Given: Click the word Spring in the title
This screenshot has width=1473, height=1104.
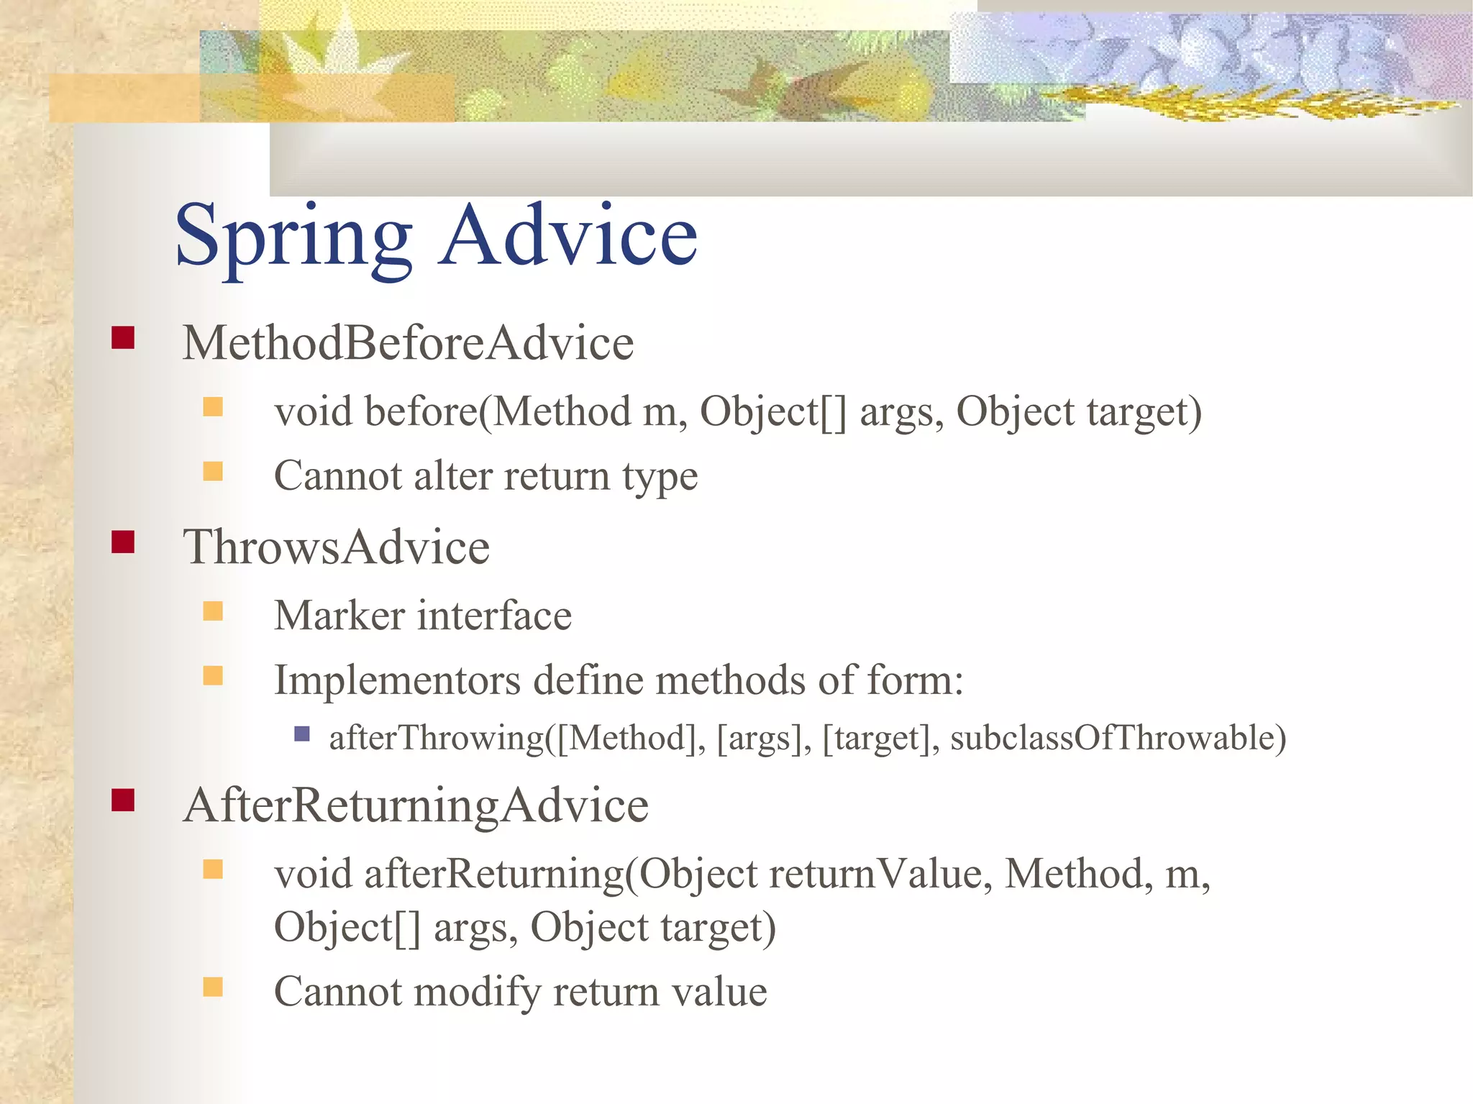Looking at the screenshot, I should (293, 237).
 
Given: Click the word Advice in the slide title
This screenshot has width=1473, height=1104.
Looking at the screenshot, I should (568, 235).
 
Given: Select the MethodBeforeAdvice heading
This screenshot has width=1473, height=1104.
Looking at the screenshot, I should (408, 342).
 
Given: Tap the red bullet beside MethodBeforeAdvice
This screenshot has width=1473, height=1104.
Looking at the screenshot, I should (123, 337).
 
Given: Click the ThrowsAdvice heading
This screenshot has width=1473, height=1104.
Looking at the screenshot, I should (336, 547).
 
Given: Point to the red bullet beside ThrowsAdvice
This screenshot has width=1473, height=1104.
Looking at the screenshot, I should (123, 542).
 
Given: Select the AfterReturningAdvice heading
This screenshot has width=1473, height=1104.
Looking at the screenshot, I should (416, 805).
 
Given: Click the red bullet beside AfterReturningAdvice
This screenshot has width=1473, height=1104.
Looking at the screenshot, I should (123, 800).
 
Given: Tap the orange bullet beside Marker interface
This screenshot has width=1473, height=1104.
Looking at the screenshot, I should (213, 611).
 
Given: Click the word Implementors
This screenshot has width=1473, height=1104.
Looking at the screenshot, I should (397, 680).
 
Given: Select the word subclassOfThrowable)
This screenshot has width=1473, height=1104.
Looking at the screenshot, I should (1118, 738).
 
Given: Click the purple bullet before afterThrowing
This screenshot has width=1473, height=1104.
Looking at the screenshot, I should (302, 734).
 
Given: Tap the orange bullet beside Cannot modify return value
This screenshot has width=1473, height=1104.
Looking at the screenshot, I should (213, 987).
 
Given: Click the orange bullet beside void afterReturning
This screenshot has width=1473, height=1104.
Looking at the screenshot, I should (213, 870).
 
